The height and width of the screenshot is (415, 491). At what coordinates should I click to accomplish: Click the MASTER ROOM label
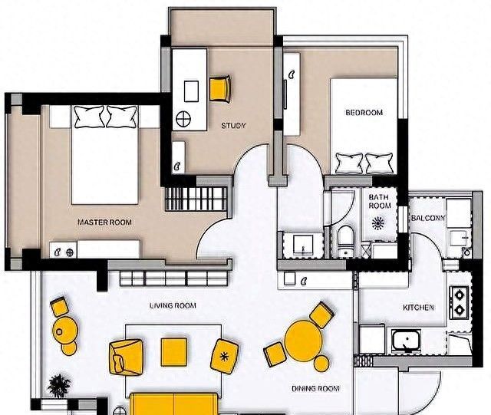104,222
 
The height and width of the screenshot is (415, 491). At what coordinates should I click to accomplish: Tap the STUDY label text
233,126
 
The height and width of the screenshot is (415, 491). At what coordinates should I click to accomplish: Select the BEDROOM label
364,113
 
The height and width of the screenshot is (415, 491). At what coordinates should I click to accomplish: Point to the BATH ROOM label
380,202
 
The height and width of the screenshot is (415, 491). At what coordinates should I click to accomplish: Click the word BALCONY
428,218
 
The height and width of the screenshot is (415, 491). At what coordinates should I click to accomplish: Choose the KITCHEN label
418,308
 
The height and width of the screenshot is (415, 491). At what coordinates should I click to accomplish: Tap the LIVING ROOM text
173,305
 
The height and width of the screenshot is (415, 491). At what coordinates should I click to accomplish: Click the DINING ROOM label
315,389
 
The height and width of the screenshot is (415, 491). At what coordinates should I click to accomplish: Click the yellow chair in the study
220,89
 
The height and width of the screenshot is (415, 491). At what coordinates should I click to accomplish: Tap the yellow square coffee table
174,352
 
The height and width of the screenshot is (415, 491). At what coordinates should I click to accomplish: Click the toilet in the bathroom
346,240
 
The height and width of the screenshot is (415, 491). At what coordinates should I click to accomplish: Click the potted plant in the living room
59,386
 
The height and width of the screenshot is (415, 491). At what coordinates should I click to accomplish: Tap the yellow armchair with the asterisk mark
224,357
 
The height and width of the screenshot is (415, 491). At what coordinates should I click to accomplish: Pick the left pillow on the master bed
89,117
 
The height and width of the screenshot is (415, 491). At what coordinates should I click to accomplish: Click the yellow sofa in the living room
174,403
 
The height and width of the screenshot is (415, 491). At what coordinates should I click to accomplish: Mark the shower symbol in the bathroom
378,222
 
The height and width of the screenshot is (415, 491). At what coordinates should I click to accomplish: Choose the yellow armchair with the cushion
127,357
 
